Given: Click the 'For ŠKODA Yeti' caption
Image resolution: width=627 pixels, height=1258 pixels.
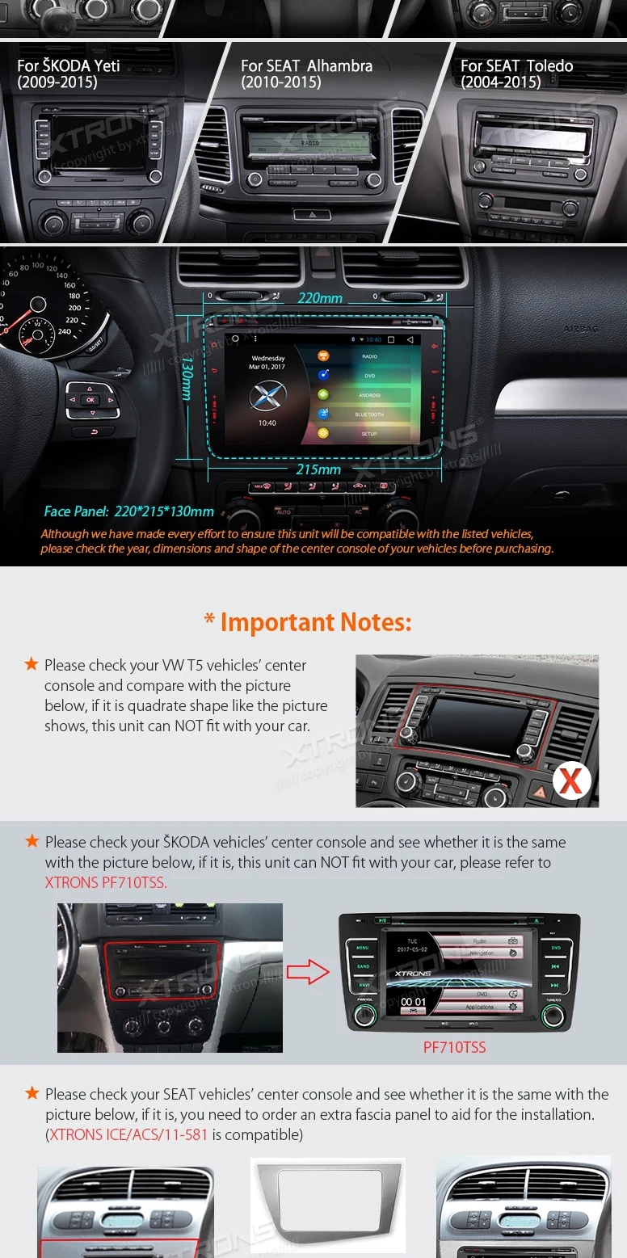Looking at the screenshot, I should [x=69, y=74].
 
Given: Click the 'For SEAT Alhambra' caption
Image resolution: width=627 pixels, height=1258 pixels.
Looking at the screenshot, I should [x=306, y=74].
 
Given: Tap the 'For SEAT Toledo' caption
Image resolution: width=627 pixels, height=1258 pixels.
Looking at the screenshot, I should [x=516, y=74].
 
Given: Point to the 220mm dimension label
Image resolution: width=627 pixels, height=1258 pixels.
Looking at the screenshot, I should [x=320, y=298].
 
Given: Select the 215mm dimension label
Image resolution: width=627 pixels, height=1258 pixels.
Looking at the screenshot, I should [x=318, y=469].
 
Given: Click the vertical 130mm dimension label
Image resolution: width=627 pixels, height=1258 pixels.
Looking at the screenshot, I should [x=187, y=378].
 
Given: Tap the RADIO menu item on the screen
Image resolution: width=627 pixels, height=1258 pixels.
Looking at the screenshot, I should [x=369, y=356].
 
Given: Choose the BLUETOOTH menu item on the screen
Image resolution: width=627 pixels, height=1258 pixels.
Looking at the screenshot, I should [x=369, y=414].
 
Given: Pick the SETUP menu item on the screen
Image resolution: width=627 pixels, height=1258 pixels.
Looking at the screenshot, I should [x=368, y=434].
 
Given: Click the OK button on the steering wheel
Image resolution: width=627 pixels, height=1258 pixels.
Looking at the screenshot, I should [x=90, y=400].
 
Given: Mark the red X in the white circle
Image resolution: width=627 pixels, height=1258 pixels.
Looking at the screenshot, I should [x=571, y=780].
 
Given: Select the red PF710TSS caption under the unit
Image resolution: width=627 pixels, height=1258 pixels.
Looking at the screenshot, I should [x=455, y=1047].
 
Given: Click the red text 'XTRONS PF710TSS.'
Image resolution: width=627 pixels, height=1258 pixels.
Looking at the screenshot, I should [x=106, y=882].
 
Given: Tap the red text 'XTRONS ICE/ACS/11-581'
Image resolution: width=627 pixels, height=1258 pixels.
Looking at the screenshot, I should [x=128, y=1134].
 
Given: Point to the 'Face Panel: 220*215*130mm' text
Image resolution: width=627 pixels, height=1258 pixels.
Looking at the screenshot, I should [x=129, y=511].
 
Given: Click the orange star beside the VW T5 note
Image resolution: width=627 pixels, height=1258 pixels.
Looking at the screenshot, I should [x=32, y=664].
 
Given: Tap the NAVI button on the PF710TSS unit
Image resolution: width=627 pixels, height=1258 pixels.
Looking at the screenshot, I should [x=363, y=985].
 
